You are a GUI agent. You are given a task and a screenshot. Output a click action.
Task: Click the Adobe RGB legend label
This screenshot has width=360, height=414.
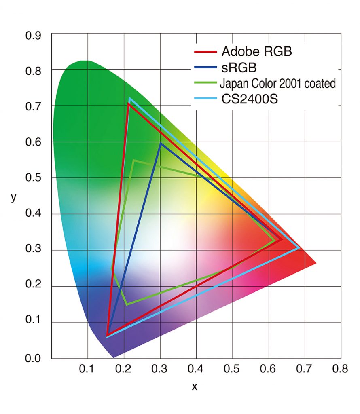[256, 52]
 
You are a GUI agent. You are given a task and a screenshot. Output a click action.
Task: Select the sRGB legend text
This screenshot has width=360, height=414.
[239, 67]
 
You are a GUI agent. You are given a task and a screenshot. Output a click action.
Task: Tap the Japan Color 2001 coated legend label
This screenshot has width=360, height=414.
[278, 84]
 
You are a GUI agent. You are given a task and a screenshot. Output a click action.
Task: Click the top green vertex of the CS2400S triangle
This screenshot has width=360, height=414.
[129, 98]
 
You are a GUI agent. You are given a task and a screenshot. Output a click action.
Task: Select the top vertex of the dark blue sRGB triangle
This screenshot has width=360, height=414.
[161, 143]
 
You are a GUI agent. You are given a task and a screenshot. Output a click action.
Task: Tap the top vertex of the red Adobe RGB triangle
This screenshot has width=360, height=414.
[128, 104]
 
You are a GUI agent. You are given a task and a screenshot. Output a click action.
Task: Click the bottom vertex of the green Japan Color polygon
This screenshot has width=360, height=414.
[127, 304]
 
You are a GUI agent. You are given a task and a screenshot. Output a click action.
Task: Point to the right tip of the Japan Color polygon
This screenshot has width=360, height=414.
[275, 241]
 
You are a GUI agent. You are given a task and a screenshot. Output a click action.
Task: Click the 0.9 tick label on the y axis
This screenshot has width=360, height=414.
[34, 35]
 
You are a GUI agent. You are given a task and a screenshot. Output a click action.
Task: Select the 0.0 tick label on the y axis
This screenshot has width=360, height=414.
[34, 358]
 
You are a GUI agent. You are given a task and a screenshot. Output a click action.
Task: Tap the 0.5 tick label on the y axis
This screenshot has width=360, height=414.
[34, 178]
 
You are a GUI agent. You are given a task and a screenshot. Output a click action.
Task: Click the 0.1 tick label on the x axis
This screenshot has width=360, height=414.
[88, 369]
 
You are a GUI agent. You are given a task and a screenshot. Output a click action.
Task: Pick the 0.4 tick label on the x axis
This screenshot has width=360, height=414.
[196, 369]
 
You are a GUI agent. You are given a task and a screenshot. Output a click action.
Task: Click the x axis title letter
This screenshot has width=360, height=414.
[195, 387]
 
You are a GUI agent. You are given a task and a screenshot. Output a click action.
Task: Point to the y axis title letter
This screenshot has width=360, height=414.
[14, 198]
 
